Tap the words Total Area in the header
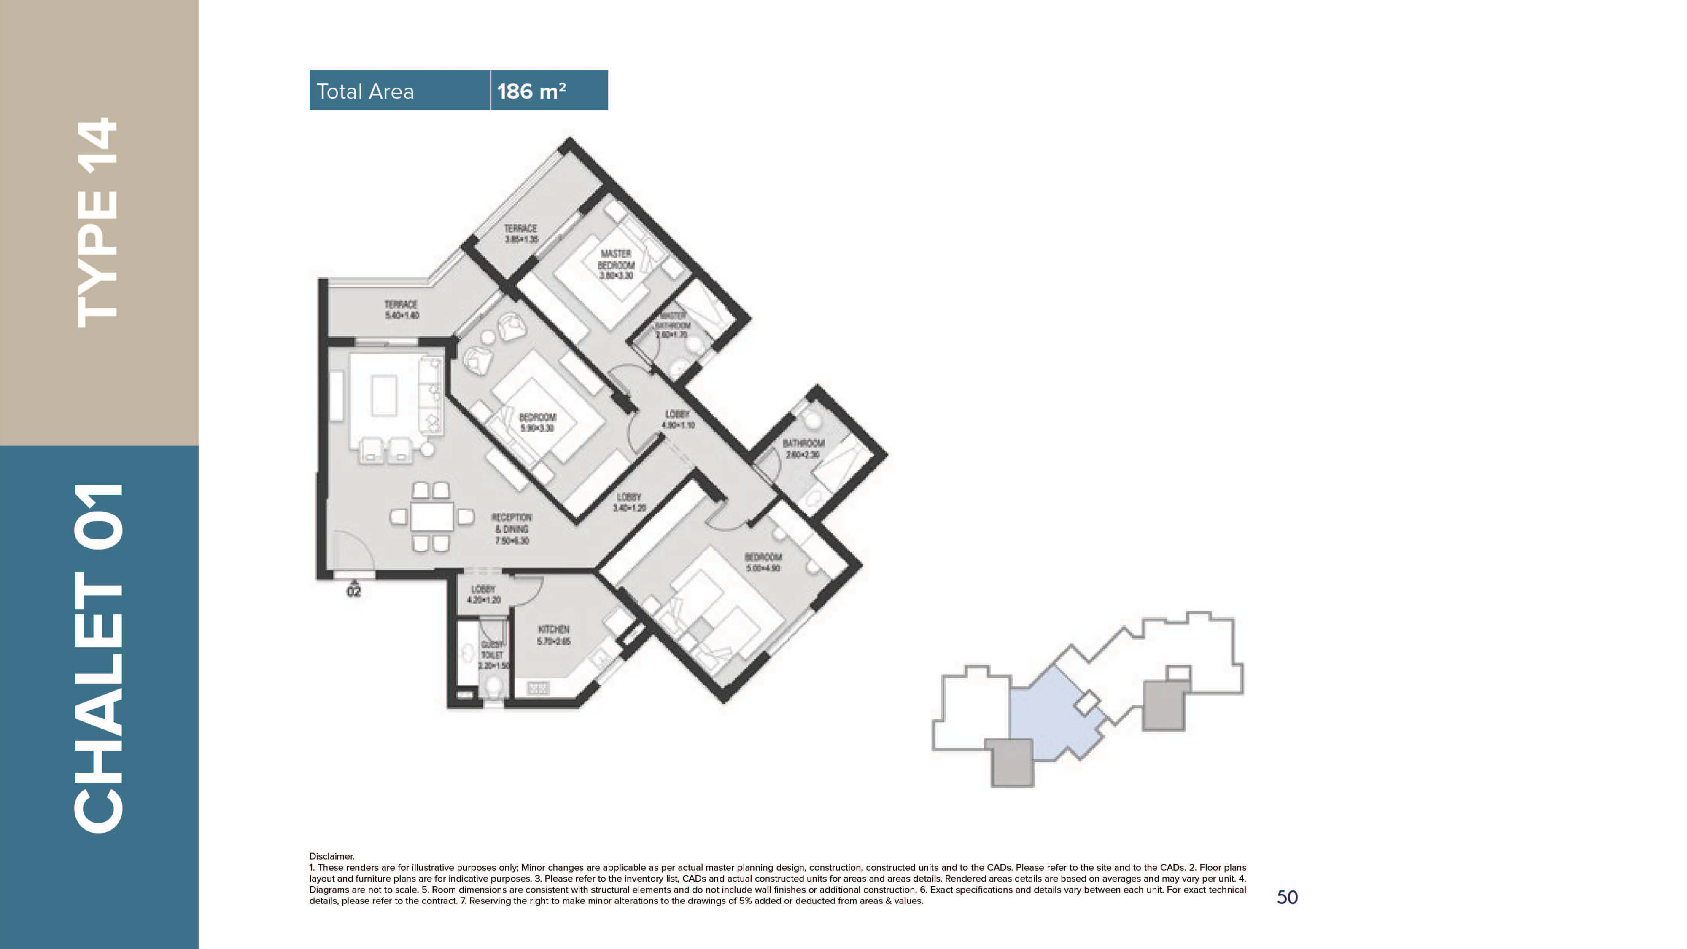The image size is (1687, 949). [x=365, y=91]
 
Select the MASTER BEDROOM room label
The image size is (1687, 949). [x=616, y=264]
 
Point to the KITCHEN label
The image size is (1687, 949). [x=553, y=635]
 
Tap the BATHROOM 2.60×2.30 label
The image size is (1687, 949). [x=803, y=448]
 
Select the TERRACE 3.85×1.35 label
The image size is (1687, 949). [x=520, y=233]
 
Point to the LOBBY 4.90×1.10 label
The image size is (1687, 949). [x=678, y=419]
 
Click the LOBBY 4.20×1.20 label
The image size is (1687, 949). [x=483, y=594]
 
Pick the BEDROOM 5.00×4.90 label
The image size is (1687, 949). [x=763, y=562]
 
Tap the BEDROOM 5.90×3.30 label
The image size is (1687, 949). [x=537, y=422]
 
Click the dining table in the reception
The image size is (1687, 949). [x=431, y=516]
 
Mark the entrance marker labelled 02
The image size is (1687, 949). [x=354, y=591]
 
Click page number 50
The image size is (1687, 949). [x=1287, y=897]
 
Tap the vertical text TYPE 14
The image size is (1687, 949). [x=98, y=223]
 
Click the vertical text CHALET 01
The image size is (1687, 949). [x=98, y=658]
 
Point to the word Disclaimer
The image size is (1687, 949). [x=331, y=856]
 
